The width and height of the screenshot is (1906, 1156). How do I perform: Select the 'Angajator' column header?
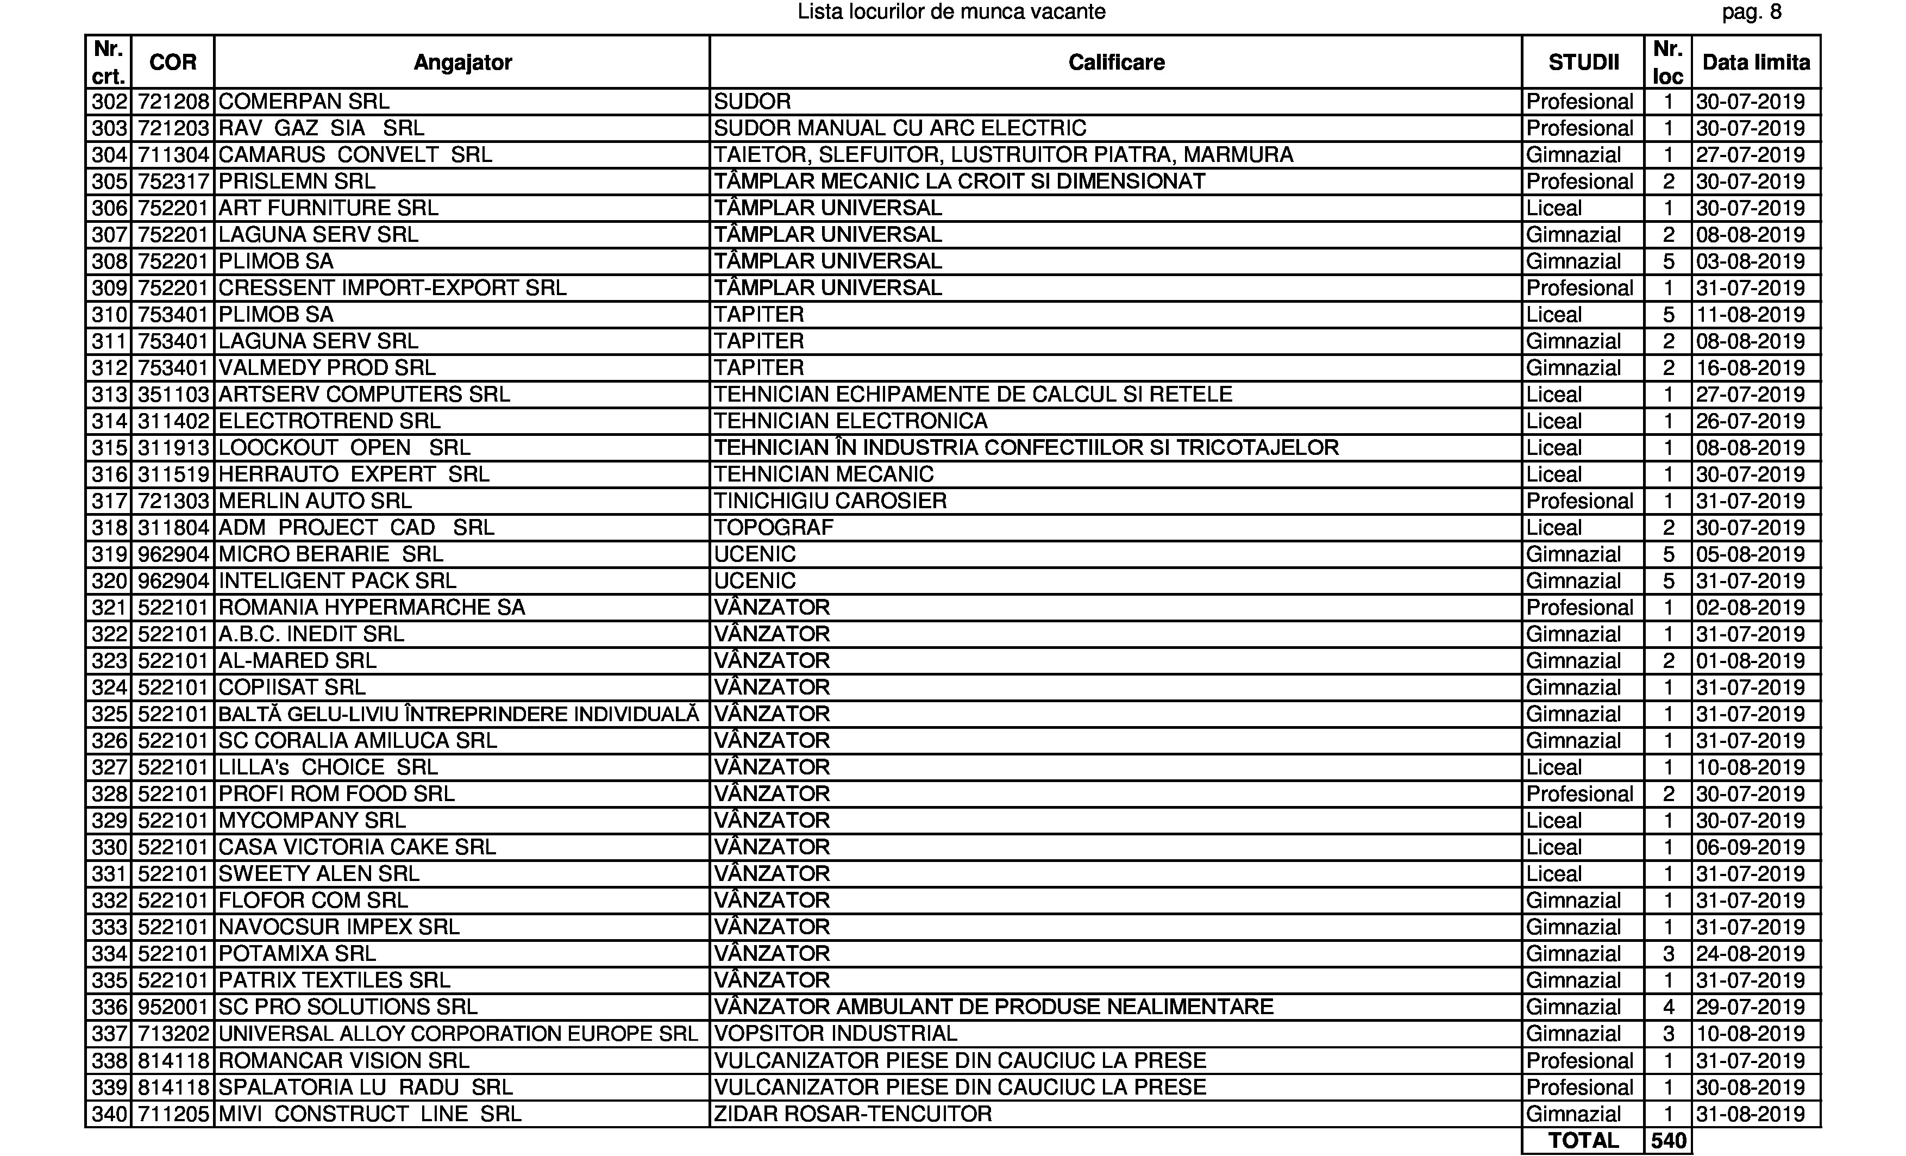(x=462, y=62)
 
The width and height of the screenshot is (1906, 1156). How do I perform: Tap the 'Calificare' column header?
(x=1116, y=62)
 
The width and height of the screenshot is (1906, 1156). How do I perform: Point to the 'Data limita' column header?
(x=1756, y=62)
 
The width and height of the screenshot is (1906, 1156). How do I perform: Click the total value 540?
(x=1668, y=1141)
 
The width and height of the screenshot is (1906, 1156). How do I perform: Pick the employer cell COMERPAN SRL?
(x=304, y=102)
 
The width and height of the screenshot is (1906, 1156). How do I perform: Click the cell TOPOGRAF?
(x=774, y=528)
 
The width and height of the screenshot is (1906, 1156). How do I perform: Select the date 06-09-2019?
(x=1750, y=847)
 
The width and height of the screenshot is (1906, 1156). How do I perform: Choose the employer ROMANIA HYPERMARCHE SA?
(x=371, y=608)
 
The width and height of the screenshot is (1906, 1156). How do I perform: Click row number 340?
(x=109, y=1114)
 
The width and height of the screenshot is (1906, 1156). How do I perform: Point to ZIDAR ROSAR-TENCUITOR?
(x=852, y=1114)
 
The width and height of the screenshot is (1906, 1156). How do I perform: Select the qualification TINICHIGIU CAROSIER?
(x=830, y=501)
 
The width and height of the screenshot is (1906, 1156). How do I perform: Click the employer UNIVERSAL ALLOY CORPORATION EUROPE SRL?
(x=458, y=1034)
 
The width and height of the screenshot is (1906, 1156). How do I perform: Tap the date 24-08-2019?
(x=1750, y=953)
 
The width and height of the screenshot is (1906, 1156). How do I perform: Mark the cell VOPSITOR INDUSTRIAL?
(x=836, y=1034)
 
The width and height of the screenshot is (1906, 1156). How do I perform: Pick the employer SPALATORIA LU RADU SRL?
(x=365, y=1087)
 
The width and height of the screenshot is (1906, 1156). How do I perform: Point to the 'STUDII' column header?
(x=1583, y=62)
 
